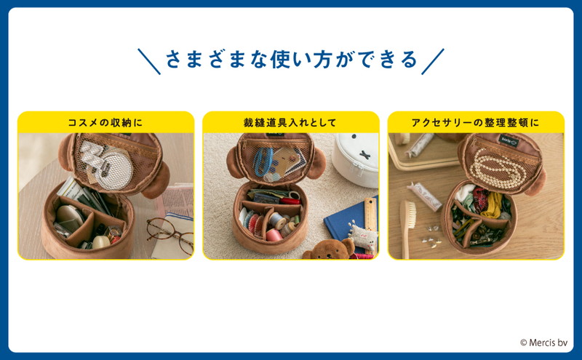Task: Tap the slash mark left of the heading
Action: (x=149, y=61)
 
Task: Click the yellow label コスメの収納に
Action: (x=105, y=122)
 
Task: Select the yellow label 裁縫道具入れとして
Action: (x=290, y=122)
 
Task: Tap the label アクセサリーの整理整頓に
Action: (x=476, y=122)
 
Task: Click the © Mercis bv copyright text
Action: (x=543, y=343)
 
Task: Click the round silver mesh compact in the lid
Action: (x=115, y=171)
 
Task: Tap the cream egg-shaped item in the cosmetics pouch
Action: (x=100, y=241)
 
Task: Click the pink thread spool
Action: (x=274, y=235)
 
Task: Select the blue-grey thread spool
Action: (x=277, y=221)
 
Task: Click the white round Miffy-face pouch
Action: (x=356, y=160)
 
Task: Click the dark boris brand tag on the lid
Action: (x=508, y=141)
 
